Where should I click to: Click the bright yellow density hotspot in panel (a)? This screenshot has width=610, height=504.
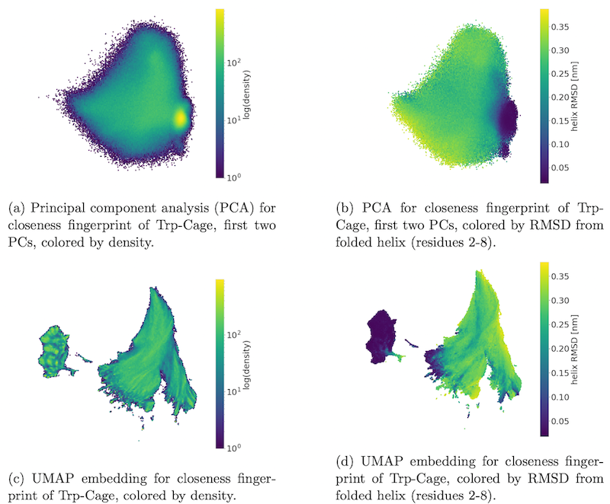(x=181, y=117)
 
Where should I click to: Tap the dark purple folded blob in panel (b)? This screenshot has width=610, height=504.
(x=505, y=118)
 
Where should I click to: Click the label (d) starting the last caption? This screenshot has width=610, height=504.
(x=345, y=461)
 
